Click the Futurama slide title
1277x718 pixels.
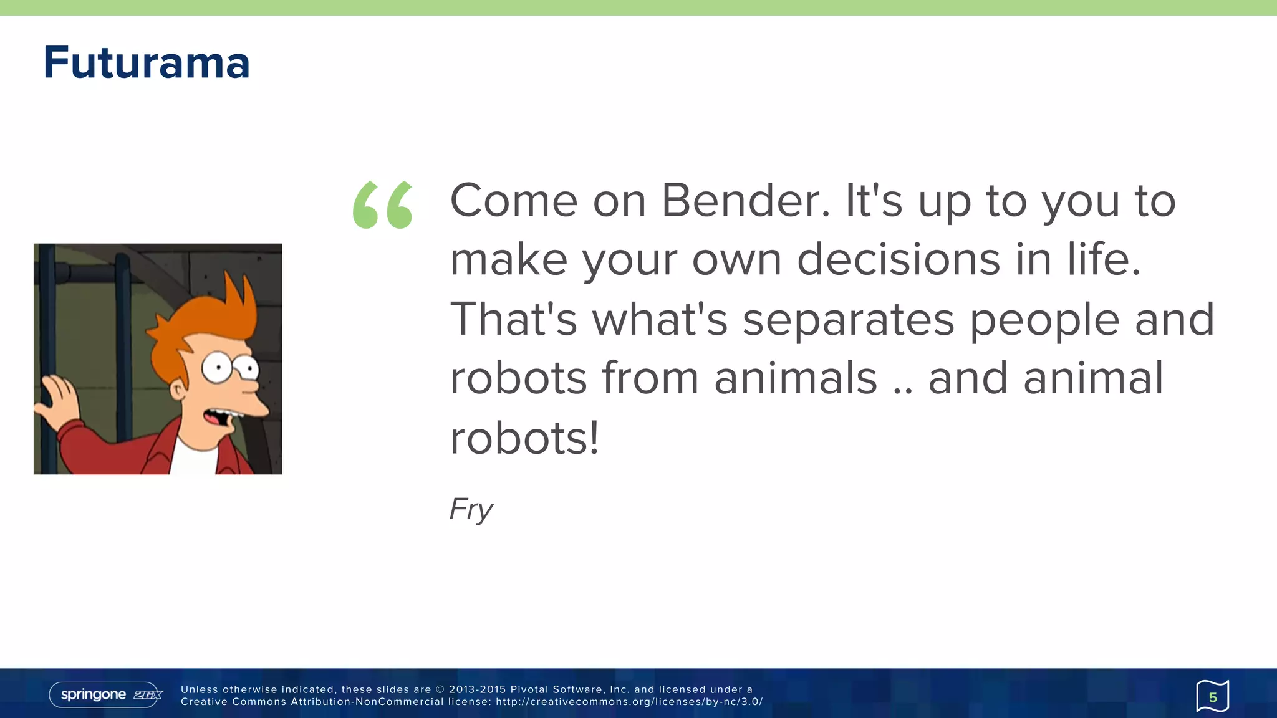147,64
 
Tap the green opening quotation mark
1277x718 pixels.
383,204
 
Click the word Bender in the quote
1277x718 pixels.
746,201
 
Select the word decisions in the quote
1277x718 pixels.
899,259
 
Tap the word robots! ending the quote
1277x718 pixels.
524,438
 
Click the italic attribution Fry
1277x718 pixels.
471,509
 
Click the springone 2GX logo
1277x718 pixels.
105,694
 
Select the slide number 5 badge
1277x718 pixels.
1212,696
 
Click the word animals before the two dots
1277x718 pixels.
796,378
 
